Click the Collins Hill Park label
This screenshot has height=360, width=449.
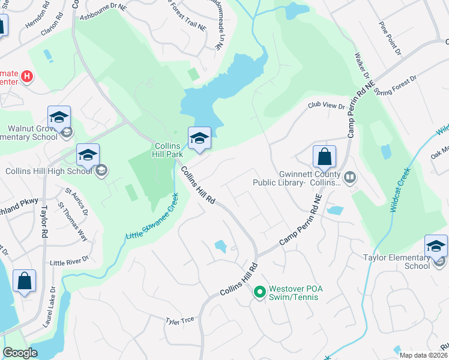tap(169, 150)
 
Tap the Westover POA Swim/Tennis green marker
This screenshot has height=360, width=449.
tap(259, 292)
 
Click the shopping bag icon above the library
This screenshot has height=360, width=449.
tap(324, 157)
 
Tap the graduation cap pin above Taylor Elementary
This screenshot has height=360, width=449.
tap(436, 246)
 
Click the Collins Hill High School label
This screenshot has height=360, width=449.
tap(47, 170)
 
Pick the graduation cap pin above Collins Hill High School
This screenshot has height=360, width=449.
tap(88, 156)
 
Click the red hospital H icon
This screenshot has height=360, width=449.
tap(26, 76)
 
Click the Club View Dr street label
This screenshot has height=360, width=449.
tap(327, 106)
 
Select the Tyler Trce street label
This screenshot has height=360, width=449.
tap(180, 320)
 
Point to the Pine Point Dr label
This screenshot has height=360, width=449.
tap(390, 40)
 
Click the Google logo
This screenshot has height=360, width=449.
tap(20, 353)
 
